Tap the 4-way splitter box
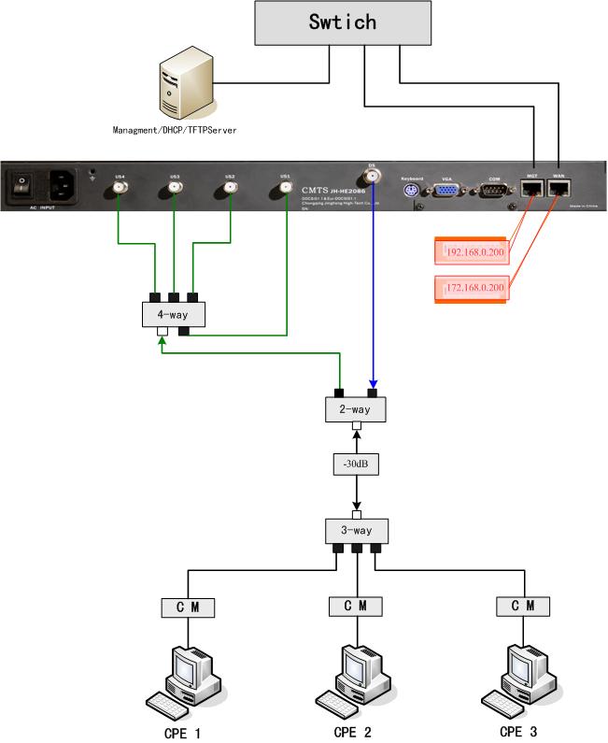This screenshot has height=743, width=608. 174,314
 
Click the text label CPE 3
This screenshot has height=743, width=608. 518,731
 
